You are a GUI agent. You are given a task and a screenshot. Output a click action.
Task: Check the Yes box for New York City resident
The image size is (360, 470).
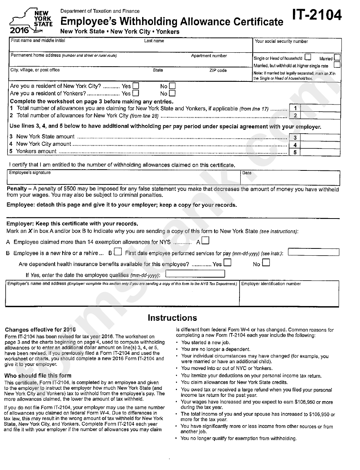pos(135,86)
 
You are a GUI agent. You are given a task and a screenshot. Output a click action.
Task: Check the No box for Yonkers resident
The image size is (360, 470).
pos(172,93)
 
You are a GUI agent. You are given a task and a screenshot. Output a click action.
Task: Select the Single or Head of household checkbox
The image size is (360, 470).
pos(308,58)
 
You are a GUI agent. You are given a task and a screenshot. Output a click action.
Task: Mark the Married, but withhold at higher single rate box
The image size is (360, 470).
pos(337,65)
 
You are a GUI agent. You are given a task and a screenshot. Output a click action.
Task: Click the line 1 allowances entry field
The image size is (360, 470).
pos(321,108)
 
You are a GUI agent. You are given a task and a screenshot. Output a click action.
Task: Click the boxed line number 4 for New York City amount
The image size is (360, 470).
pos(294,145)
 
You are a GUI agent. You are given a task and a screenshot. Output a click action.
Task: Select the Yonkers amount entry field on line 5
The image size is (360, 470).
pos(321,152)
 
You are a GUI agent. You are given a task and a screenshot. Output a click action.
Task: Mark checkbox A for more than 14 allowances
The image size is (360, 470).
pos(205,240)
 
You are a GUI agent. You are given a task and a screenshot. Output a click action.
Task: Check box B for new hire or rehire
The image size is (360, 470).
pos(117,252)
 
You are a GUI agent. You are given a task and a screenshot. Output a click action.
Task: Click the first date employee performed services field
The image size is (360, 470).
pos(313,252)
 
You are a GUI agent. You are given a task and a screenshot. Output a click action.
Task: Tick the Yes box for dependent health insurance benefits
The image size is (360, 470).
pos(227,262)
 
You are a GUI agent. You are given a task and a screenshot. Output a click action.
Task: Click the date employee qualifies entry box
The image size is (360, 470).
pos(195,274)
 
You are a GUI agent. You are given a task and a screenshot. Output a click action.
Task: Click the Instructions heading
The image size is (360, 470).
pos(172,318)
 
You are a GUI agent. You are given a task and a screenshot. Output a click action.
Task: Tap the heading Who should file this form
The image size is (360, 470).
pos(38,376)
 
